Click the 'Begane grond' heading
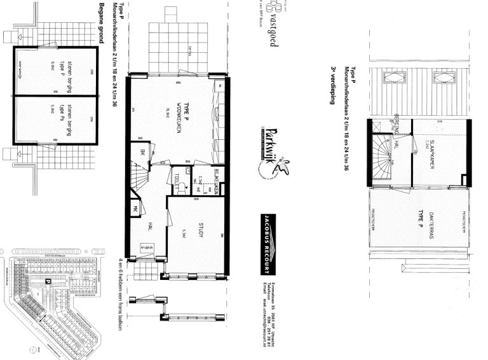pyautogui.click(x=102, y=23)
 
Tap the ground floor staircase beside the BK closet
pyautogui.click(x=139, y=173)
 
